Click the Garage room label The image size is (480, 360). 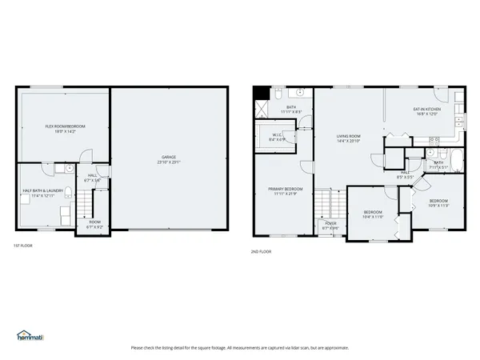pos(170,159)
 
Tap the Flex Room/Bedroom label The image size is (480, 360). pos(65,129)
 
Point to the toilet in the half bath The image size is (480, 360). pos(70,170)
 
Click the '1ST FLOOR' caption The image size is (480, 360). pos(23,245)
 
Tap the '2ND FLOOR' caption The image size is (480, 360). pos(262,251)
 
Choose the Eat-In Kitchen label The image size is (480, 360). pos(426,111)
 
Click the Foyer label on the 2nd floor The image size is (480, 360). pos(330,226)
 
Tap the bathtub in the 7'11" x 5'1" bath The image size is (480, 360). pos(454,162)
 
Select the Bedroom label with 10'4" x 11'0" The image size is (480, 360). pos(374,214)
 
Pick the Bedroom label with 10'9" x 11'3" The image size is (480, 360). pos(438,203)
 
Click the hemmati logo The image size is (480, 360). pos(31,336)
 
